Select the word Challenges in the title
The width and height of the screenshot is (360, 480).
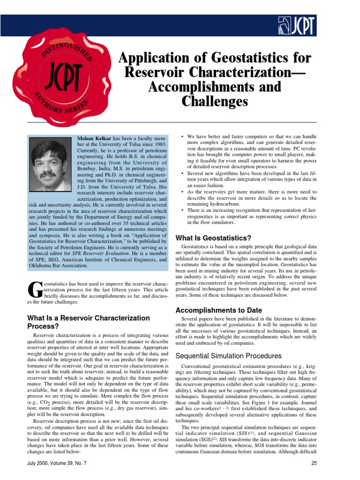[215, 101]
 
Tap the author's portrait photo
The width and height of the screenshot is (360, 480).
[51, 164]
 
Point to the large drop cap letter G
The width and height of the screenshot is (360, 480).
[36, 291]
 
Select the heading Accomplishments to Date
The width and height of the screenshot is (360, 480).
[218, 310]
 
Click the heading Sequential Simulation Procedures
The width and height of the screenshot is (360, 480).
[228, 356]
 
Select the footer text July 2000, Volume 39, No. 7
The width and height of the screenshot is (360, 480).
[61, 464]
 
